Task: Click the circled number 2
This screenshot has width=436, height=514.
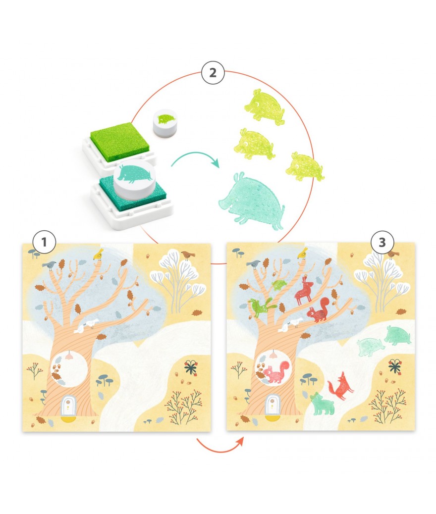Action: pos(213,72)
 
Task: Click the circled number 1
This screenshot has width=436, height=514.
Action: pos(44,242)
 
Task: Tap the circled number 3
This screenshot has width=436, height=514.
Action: pos(382,242)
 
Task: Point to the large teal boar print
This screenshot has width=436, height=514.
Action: pos(251,201)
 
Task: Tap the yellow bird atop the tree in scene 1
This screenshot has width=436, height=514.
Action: pos(99,254)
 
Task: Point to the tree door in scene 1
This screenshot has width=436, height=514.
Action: pos(68,405)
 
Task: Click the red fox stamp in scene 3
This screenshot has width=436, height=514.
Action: pos(340,386)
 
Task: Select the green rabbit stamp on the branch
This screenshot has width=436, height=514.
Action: pos(262,307)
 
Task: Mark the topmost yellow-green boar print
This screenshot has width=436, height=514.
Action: pos(265,106)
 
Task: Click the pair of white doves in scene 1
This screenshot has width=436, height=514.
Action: pos(86,326)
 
